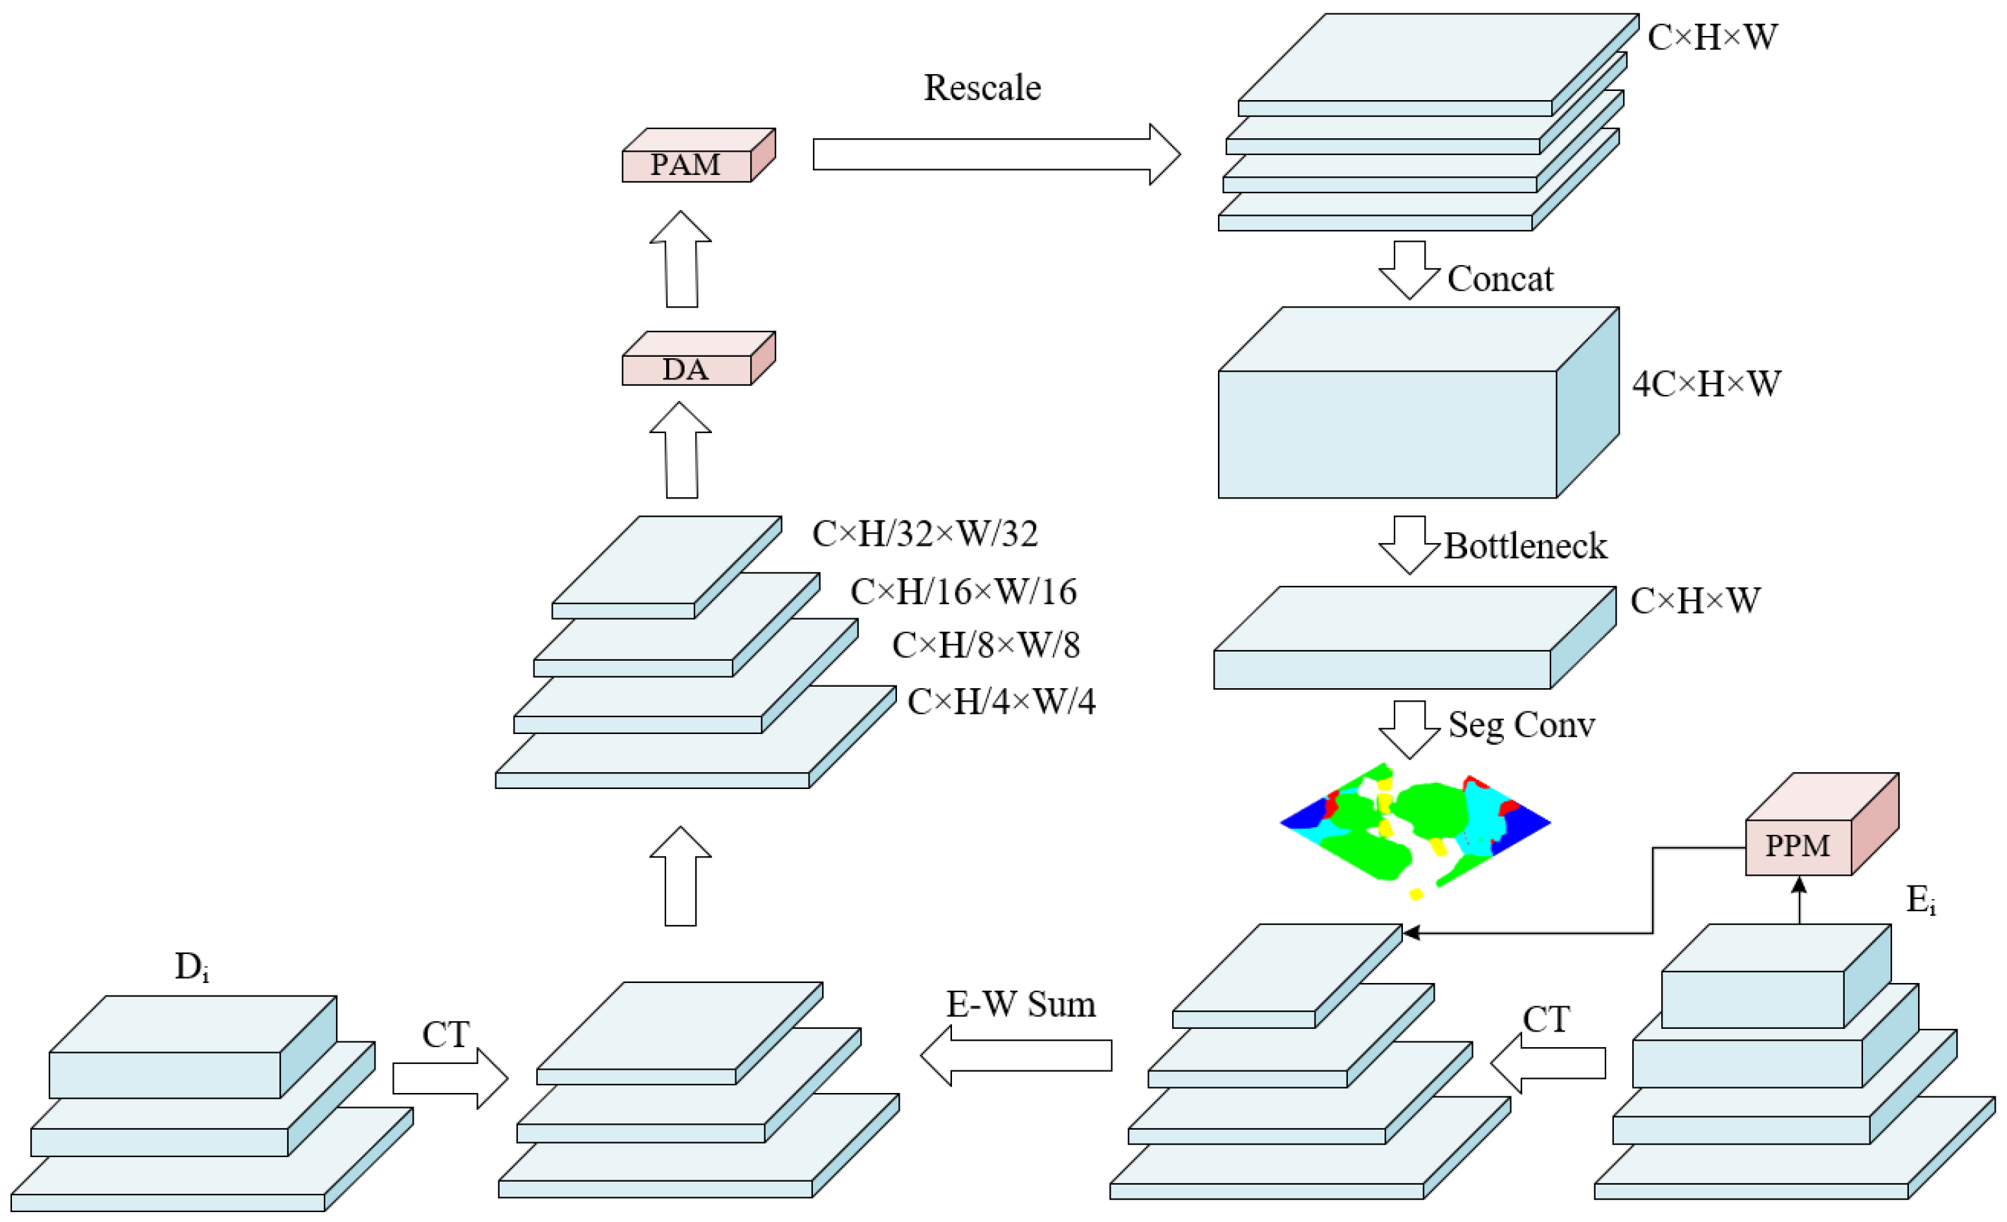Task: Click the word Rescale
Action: [982, 88]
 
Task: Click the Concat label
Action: [1500, 279]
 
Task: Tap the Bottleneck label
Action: [1525, 546]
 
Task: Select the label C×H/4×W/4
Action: [1001, 702]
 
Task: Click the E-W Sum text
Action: [1020, 1005]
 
